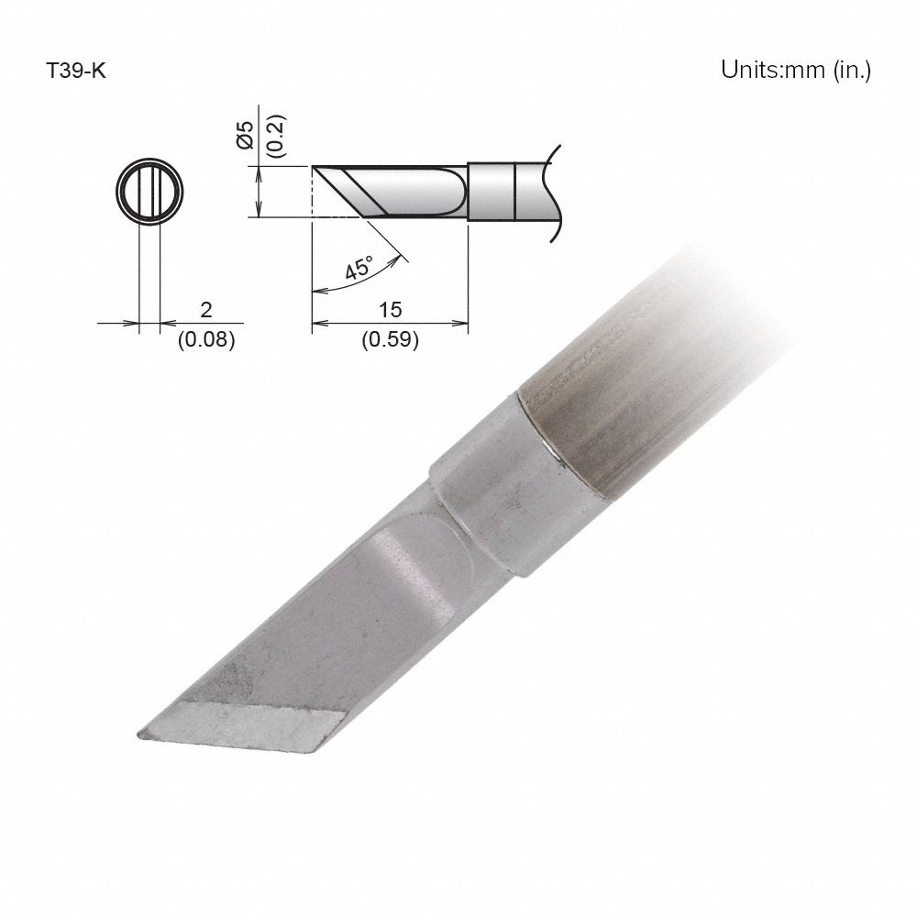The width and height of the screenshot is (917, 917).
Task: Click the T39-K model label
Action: point(77,71)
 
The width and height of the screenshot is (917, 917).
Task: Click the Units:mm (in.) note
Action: point(795,71)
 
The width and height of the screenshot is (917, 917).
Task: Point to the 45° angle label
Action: point(358,270)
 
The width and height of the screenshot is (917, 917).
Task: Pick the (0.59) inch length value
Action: point(390,340)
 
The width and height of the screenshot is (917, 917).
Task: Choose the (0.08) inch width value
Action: point(206,340)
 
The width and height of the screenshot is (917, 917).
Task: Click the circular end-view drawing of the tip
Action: point(149,193)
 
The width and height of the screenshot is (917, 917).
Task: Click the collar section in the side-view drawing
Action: point(492,192)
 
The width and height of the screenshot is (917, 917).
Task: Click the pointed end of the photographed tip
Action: point(142,734)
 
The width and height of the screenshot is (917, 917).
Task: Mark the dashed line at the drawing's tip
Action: point(313,193)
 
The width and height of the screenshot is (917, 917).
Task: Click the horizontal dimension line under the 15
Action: point(390,323)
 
